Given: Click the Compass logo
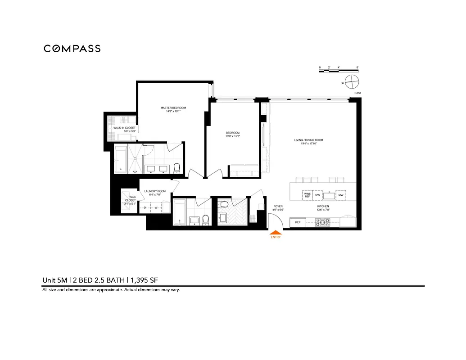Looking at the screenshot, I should (72, 49).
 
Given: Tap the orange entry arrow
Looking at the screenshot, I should (275, 233).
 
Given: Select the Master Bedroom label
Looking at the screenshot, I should (173, 108).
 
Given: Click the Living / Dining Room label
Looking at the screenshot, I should (309, 140).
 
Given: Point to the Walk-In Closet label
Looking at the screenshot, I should (124, 128).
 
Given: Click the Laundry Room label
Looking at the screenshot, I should (155, 191).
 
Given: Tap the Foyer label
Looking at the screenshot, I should (278, 207).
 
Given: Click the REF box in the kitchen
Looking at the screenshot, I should (298, 222).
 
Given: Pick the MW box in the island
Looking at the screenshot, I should (341, 195).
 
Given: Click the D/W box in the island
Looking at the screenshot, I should (317, 195).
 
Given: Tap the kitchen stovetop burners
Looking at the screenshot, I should (322, 222).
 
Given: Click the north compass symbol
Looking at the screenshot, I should (352, 82).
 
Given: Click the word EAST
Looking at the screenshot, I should (358, 93).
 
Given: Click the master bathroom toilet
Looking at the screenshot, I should (176, 168).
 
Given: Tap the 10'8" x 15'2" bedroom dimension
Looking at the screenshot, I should (233, 136).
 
